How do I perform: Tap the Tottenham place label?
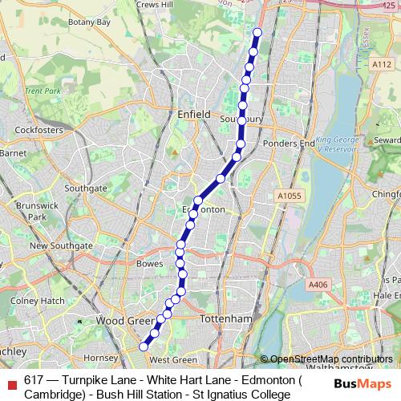229,318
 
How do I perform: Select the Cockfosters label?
38,128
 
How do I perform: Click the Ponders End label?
289,144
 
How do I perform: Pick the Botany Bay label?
89,22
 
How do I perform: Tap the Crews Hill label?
155,4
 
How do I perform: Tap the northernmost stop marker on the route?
257,33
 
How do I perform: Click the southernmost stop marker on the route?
144,346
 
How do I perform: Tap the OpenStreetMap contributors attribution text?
331,358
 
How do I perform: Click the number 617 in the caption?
34,381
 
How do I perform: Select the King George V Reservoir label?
338,143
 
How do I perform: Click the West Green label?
173,360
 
